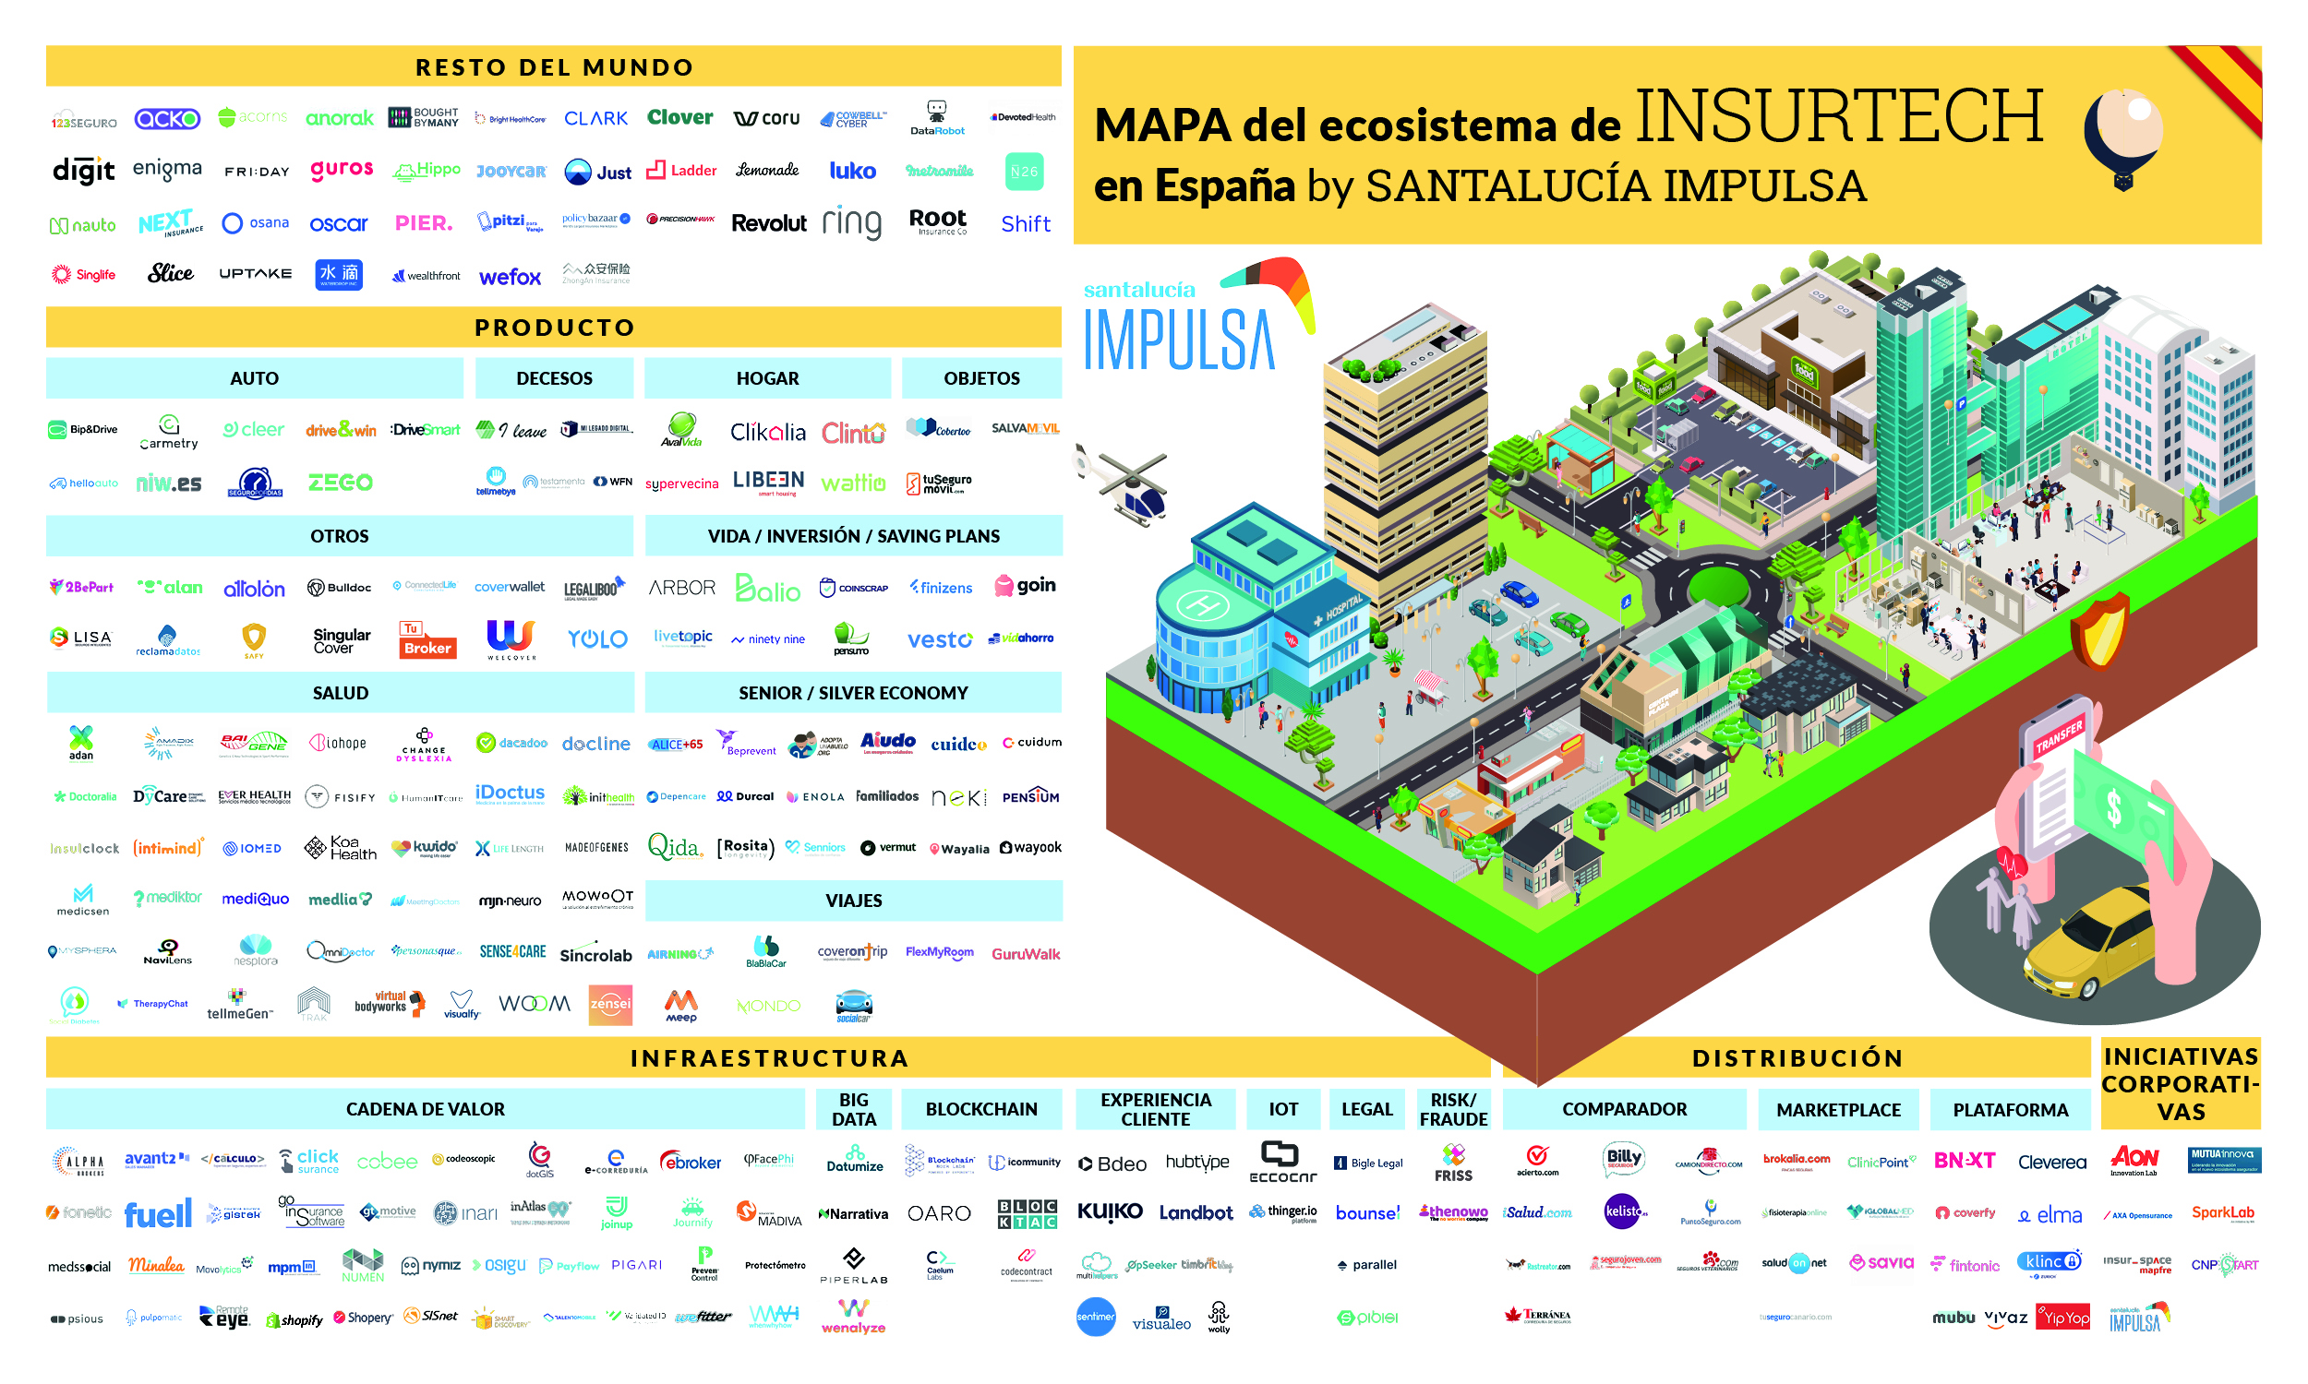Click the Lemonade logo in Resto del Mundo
767,170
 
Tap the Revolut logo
769,223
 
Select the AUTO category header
254,378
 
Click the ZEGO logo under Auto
341,483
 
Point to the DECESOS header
554,378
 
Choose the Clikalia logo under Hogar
767,432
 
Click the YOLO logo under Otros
597,638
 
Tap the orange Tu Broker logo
427,639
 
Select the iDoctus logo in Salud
510,793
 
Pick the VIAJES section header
853,901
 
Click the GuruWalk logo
1026,954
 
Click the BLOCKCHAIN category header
980,1109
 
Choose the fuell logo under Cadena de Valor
158,1214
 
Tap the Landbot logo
1195,1213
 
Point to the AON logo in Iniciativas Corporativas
2134,1159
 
